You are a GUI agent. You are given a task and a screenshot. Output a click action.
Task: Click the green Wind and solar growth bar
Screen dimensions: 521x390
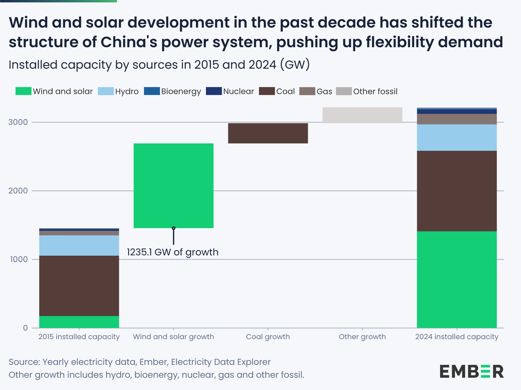pos(173,185)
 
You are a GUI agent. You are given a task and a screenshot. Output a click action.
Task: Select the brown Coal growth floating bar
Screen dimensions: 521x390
pos(268,133)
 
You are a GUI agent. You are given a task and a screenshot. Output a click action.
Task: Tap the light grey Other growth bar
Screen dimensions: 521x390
pos(362,115)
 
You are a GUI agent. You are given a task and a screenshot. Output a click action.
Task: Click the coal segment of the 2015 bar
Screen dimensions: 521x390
pos(79,286)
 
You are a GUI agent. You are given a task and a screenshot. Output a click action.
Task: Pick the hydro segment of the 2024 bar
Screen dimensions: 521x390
pos(457,137)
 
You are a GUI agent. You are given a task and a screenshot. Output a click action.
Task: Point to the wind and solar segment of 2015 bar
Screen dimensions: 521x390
pos(79,322)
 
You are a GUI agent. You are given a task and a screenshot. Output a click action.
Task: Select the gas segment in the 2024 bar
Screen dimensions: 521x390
pos(457,119)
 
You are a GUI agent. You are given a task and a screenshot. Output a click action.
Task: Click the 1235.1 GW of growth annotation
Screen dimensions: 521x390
pos(173,252)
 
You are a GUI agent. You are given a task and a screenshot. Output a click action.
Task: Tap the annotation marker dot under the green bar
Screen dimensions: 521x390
pos(173,228)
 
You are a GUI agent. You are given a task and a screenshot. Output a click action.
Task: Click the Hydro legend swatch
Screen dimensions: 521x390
pos(106,91)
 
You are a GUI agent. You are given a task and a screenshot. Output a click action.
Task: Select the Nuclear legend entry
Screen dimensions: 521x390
pos(230,91)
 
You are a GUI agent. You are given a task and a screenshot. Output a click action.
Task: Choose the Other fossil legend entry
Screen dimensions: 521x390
pos(367,91)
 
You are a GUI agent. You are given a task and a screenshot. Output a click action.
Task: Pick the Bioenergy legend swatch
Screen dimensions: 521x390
pos(152,91)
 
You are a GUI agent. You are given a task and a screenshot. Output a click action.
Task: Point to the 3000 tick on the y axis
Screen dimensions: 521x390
pos(18,122)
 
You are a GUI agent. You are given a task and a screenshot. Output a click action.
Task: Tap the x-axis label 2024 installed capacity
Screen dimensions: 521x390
pos(457,337)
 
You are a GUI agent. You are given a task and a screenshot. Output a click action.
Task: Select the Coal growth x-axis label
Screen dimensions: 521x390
pos(268,337)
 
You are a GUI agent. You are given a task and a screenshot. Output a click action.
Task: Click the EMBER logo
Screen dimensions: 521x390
pos(472,371)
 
